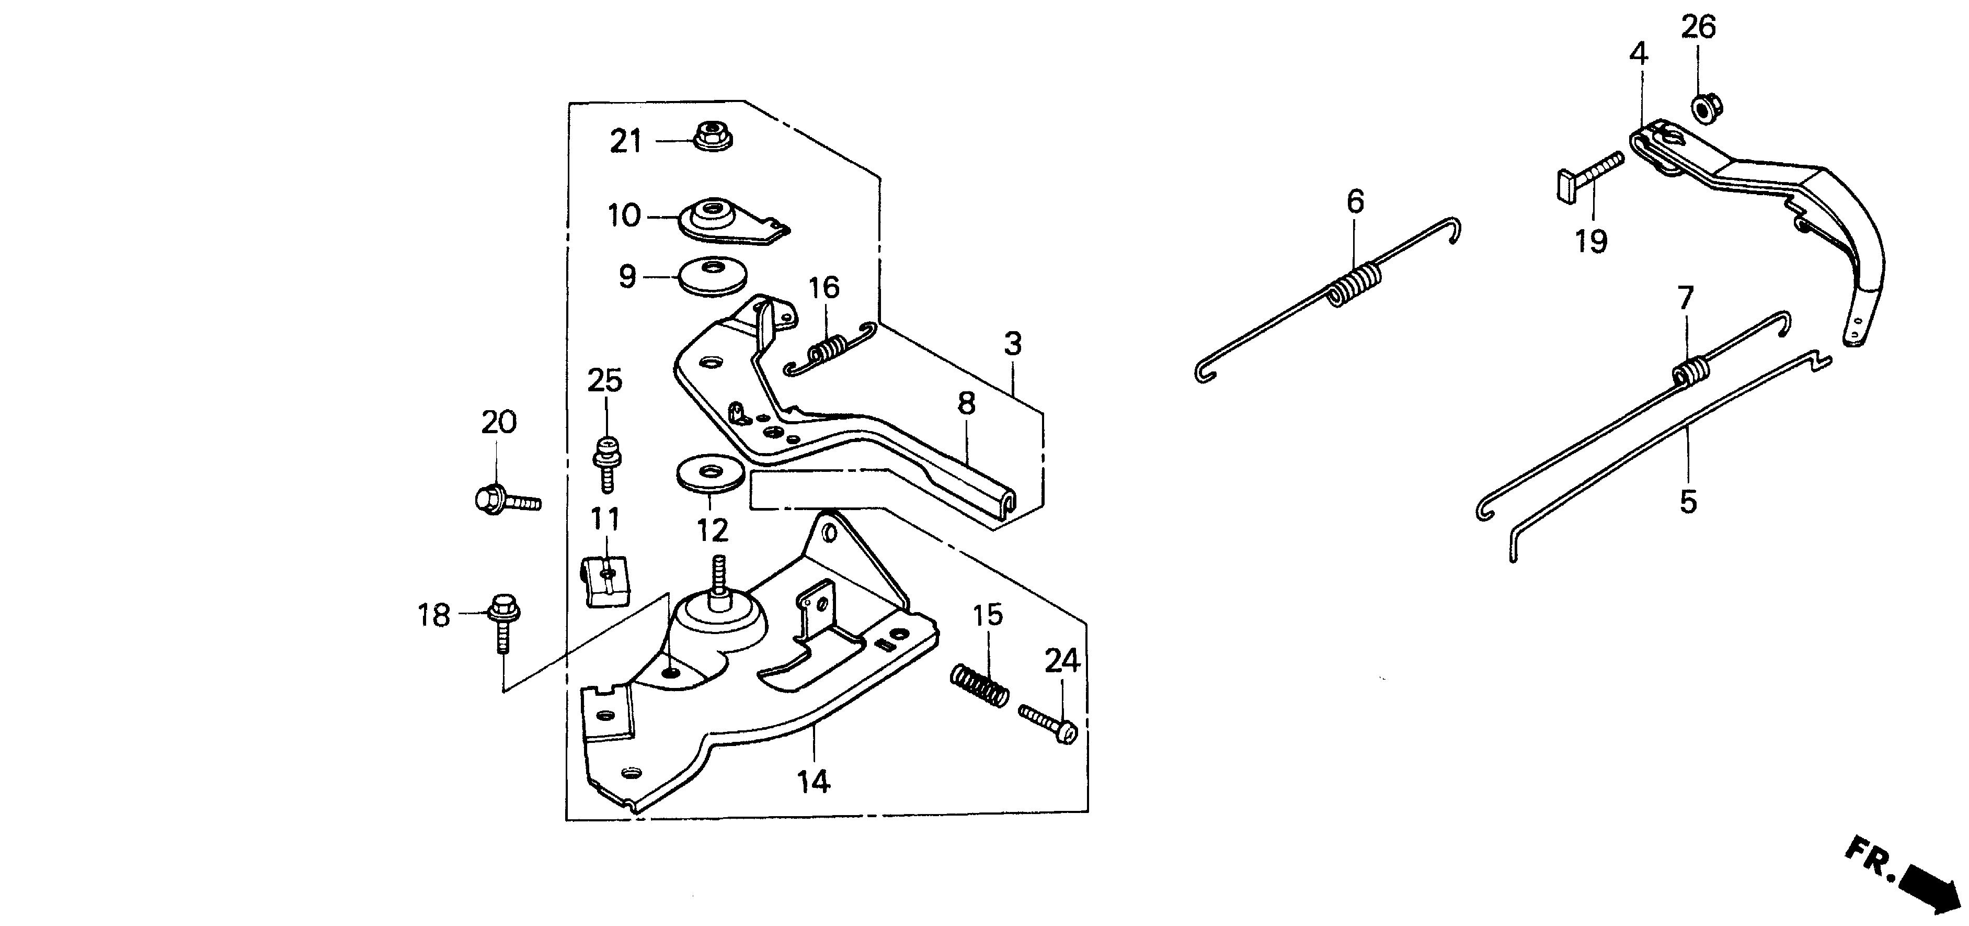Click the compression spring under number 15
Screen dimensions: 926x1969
tap(979, 686)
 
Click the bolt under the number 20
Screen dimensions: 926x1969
tap(505, 501)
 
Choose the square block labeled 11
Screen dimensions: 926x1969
tap(607, 580)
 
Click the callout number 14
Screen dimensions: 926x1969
tap(814, 782)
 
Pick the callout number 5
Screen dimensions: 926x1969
tap(1688, 502)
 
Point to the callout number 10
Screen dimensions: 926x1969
tap(624, 216)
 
